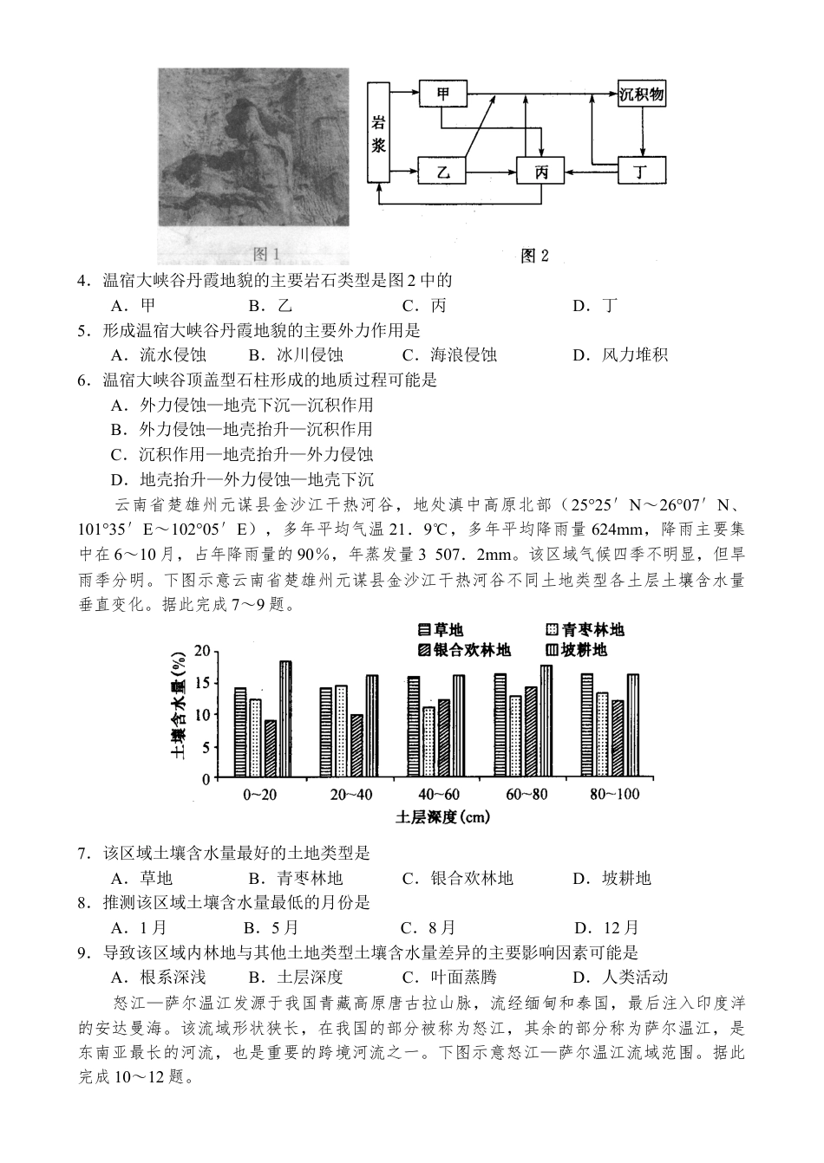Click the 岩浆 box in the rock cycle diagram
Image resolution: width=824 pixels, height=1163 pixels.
click(x=378, y=133)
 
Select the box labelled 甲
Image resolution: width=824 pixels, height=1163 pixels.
click(x=443, y=94)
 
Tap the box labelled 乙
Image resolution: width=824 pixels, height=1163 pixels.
click(x=443, y=171)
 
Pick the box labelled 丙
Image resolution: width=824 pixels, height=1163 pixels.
click(x=540, y=171)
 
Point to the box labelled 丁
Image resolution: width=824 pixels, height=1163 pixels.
click(x=641, y=171)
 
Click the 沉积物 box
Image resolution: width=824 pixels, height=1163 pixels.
click(x=642, y=94)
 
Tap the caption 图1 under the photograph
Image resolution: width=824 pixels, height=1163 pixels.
click(x=265, y=254)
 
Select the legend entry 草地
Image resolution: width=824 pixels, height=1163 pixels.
click(x=439, y=629)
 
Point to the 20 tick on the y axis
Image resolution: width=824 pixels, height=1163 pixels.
click(x=202, y=651)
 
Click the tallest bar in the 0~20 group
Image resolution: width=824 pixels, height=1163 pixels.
click(x=285, y=718)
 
